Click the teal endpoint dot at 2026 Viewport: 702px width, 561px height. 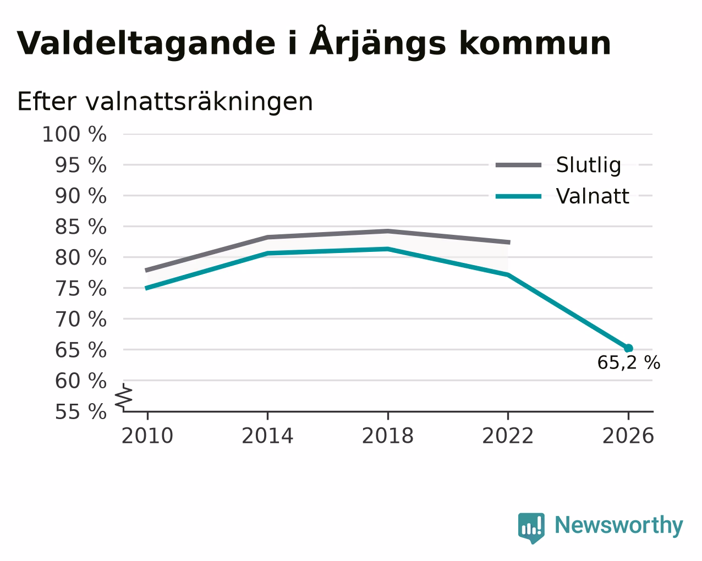point(628,348)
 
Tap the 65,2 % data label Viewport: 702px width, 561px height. point(629,362)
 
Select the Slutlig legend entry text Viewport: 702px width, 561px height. point(589,165)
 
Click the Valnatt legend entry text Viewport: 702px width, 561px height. point(593,196)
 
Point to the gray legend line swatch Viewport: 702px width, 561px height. point(518,165)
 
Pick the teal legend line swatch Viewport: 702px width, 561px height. point(518,196)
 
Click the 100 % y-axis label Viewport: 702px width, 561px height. point(74,134)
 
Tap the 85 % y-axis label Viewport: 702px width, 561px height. point(80,227)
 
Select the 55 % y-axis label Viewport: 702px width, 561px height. point(80,411)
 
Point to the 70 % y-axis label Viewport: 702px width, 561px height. point(80,319)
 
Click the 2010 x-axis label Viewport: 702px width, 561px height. point(147,436)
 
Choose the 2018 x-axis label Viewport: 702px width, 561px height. point(387,436)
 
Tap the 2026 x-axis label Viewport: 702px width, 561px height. point(628,436)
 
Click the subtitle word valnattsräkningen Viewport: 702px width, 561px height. point(199,102)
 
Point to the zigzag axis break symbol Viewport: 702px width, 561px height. point(124,397)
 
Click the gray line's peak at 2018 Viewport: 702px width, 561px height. point(387,231)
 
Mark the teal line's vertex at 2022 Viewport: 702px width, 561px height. point(508,275)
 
